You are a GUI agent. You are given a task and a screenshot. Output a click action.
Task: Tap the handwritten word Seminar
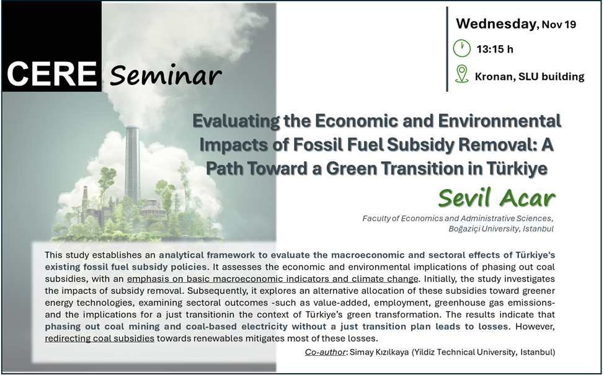click(x=166, y=75)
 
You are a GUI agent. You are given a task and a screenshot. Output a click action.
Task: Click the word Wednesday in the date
click(x=495, y=24)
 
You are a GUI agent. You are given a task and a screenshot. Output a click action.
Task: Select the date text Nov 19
click(x=559, y=24)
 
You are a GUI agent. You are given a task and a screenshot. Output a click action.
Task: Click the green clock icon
click(x=461, y=48)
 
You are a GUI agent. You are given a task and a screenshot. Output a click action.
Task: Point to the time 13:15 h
click(x=495, y=49)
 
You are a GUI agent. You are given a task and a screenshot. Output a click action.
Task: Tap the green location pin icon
click(x=461, y=74)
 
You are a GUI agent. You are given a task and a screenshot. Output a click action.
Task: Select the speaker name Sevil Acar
click(x=497, y=198)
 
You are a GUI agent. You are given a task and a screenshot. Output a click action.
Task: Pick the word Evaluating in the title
click(x=236, y=121)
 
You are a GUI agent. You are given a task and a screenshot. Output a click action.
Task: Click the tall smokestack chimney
click(x=132, y=162)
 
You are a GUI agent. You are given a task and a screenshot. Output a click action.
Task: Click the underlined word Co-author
click(x=325, y=352)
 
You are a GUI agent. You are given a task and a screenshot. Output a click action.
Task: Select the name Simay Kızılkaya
click(x=380, y=352)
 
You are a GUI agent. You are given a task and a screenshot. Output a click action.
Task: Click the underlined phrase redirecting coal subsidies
click(x=99, y=338)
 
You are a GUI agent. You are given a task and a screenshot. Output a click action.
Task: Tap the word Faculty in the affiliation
click(x=376, y=218)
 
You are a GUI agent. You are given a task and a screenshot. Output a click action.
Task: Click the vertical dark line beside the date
click(x=447, y=49)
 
